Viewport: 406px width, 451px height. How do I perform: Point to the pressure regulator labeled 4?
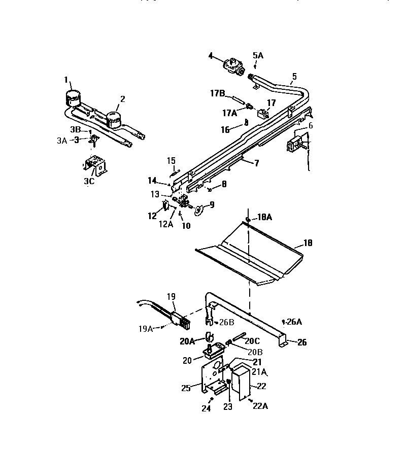coord(232,66)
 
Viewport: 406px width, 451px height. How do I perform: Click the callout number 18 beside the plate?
coord(308,244)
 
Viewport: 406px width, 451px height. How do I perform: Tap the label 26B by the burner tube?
coord(225,322)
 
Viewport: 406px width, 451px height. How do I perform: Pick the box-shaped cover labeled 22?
coord(240,386)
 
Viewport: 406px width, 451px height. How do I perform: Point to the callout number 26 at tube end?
coord(302,342)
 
